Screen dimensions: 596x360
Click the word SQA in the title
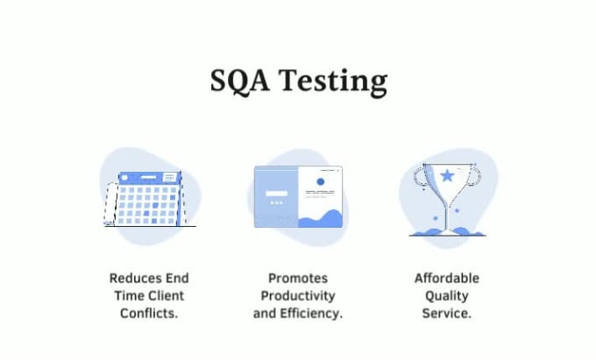tap(240, 81)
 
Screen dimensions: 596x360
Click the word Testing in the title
tap(333, 82)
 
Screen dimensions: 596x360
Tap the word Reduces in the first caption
tap(131, 278)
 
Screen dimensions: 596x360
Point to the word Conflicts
tap(149, 314)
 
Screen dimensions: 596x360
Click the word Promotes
tap(298, 278)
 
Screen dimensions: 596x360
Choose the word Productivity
tap(298, 296)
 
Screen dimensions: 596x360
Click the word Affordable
tap(447, 278)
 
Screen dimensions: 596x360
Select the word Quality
tap(447, 296)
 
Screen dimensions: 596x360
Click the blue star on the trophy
tap(447, 176)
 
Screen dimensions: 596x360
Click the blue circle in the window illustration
tap(321, 181)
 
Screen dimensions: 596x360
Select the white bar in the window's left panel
tap(276, 194)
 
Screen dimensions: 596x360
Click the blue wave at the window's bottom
tap(321, 219)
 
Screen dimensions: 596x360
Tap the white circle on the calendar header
tap(124, 177)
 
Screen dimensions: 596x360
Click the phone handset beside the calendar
tap(111, 203)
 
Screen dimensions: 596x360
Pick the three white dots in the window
tap(276, 203)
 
